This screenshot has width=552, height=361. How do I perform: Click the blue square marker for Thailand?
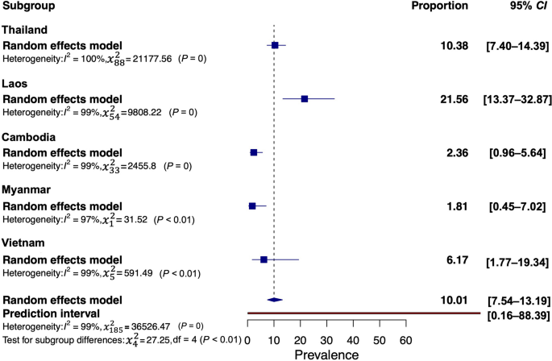(275, 45)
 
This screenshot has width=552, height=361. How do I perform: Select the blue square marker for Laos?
(305, 98)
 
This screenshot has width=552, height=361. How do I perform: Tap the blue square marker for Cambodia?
(254, 152)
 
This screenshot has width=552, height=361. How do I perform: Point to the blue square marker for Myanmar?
(252, 206)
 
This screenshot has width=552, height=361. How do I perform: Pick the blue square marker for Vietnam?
(264, 259)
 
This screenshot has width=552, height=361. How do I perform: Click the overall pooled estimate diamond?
(274, 300)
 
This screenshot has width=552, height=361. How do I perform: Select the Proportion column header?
(440, 6)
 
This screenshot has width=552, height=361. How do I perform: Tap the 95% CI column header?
(522, 6)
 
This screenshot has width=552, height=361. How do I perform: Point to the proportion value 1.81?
(458, 207)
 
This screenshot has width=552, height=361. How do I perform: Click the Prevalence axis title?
(326, 354)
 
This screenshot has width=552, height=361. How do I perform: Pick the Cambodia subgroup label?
(29, 138)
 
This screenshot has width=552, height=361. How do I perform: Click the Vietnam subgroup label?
(25, 244)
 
